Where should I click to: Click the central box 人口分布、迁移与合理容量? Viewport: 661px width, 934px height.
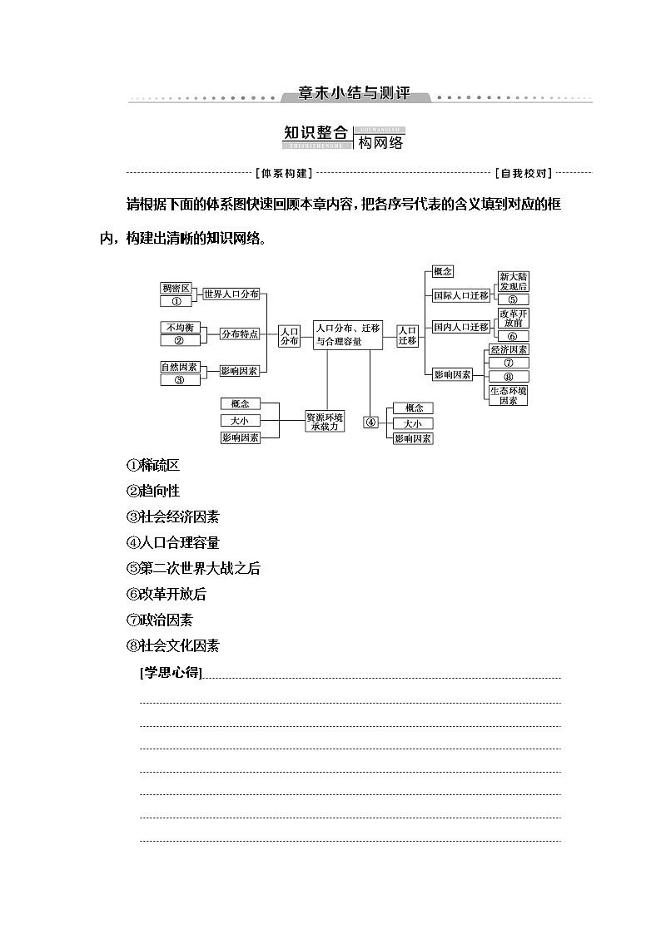point(348,334)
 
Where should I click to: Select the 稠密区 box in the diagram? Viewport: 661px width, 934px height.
point(176,288)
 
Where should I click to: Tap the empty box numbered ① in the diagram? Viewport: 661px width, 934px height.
point(176,301)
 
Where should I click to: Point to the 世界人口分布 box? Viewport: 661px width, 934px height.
point(231,294)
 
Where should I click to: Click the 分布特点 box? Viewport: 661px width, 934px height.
point(239,334)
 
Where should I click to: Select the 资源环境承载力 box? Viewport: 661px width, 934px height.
point(324,421)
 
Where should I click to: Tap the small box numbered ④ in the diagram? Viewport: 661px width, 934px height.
point(371,422)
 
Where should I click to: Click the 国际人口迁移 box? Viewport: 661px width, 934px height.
point(460,295)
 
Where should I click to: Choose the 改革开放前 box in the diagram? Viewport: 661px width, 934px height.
point(513,319)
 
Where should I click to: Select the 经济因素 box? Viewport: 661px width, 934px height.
point(509,349)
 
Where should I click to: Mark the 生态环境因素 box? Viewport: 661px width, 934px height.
point(509,395)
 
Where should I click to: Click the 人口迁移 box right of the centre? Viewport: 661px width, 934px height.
point(408,334)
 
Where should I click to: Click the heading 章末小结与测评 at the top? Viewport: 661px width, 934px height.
point(355,94)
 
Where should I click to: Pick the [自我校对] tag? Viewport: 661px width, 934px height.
point(523,174)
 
